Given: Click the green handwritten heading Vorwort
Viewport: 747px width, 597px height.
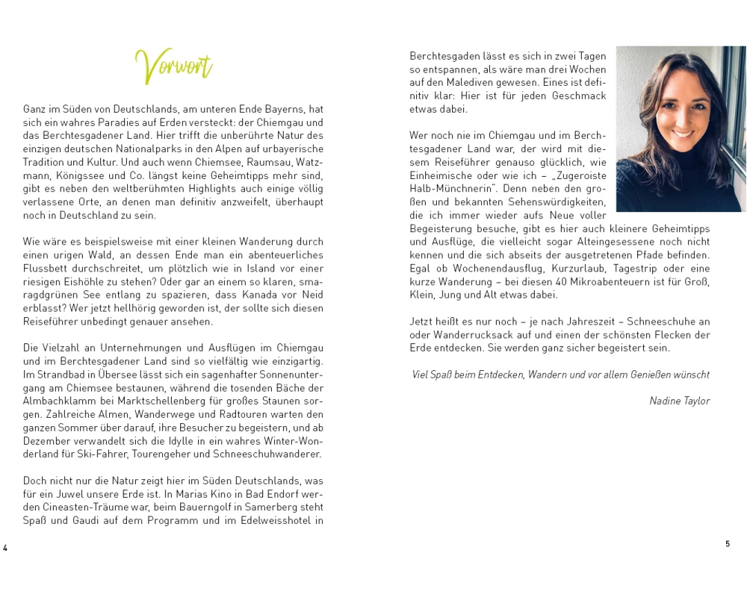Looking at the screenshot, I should [x=174, y=66].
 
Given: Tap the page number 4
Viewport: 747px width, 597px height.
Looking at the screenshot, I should [x=5, y=548].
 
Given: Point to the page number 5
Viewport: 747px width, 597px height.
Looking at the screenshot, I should [x=728, y=544].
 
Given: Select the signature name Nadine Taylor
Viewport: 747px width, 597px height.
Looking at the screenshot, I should [x=679, y=401].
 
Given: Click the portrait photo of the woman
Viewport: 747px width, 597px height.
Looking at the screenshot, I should [x=681, y=128].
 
